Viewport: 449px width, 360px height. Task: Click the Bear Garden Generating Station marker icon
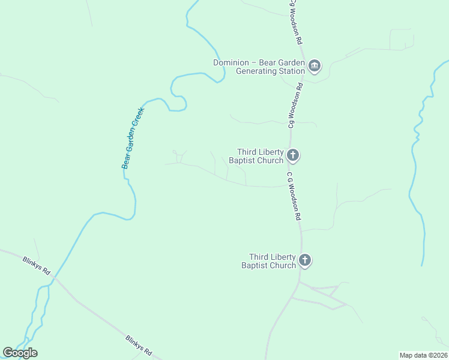click(x=315, y=65)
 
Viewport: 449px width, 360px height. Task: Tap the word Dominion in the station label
click(x=230, y=62)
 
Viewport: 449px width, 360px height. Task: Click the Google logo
click(x=20, y=353)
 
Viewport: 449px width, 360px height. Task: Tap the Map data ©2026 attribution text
click(x=423, y=355)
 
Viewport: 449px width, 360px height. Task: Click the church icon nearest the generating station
click(x=292, y=156)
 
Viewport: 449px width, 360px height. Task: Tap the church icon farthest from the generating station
click(x=305, y=260)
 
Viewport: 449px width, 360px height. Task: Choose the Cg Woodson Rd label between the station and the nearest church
click(x=294, y=106)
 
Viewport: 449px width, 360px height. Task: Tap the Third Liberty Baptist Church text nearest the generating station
click(x=260, y=156)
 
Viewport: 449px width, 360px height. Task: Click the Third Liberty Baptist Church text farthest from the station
click(x=269, y=261)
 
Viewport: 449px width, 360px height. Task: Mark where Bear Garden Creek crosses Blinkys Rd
click(x=54, y=280)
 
